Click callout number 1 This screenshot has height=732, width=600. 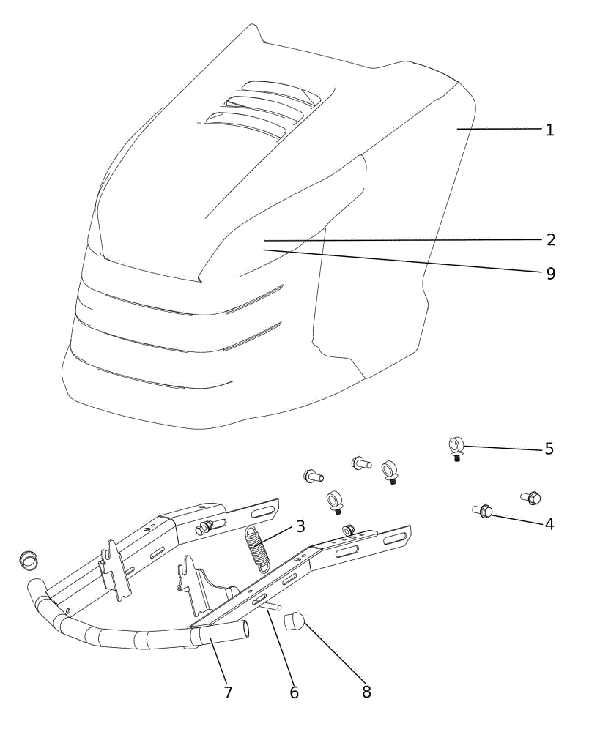coord(550,130)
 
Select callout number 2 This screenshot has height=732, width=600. coord(551,240)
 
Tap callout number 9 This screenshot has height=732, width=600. coord(551,274)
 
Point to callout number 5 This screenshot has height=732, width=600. coord(549,449)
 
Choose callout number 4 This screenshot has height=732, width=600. coord(549,524)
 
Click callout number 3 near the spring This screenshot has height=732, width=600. coord(300,526)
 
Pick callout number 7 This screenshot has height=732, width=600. coord(228,692)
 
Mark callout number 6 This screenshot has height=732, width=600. coord(294,692)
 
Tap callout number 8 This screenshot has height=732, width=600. coord(367,692)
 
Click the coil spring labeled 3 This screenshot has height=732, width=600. coord(256,548)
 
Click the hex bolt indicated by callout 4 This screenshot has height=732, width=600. coord(482,511)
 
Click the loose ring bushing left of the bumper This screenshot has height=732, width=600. coord(29,559)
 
